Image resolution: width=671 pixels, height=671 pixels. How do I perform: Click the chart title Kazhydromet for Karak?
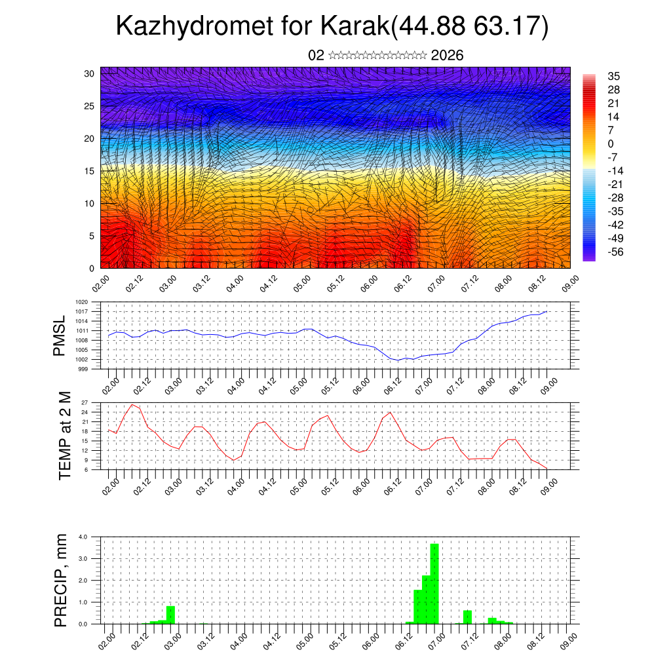pyautogui.click(x=332, y=27)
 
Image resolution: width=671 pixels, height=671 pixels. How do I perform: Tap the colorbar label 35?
pyautogui.click(x=613, y=76)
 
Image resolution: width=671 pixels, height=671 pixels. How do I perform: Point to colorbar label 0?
pyautogui.click(x=611, y=144)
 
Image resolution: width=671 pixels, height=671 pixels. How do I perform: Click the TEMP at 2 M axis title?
pyautogui.click(x=64, y=435)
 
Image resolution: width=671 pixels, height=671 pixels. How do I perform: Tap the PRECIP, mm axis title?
pyautogui.click(x=61, y=580)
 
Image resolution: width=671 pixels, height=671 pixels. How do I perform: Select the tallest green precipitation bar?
pyautogui.click(x=434, y=583)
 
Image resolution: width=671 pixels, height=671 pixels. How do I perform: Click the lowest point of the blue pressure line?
pyautogui.click(x=397, y=360)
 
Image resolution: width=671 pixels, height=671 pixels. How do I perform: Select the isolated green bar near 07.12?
pyautogui.click(x=467, y=617)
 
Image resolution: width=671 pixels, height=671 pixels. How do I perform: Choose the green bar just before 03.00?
pyautogui.click(x=170, y=615)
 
